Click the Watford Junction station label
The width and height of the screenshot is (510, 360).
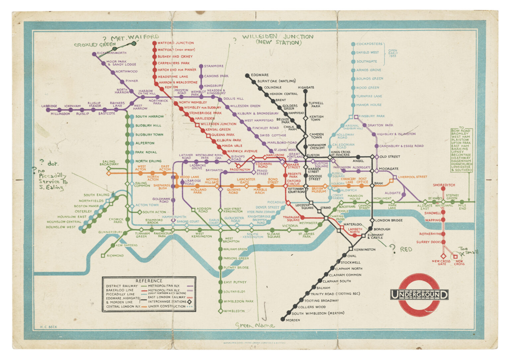(176, 43)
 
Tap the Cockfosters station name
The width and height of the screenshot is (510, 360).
(369, 44)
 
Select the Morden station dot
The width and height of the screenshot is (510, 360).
(283, 319)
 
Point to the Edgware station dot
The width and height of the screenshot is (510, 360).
(247, 75)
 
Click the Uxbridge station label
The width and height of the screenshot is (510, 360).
(49, 106)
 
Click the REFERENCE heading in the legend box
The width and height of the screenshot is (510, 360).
(149, 281)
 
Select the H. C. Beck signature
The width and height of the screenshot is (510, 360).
(48, 327)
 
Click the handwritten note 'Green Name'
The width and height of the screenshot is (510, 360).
(255, 325)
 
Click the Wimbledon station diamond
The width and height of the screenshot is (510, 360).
(220, 311)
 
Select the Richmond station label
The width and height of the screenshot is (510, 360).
(115, 256)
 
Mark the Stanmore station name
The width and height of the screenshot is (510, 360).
(214, 66)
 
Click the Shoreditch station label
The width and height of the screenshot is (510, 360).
(444, 185)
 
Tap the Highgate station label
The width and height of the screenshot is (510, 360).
(306, 88)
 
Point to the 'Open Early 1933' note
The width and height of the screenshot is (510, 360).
(392, 53)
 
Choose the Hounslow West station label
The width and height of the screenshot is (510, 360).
(61, 227)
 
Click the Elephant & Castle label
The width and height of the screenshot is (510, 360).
(376, 236)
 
